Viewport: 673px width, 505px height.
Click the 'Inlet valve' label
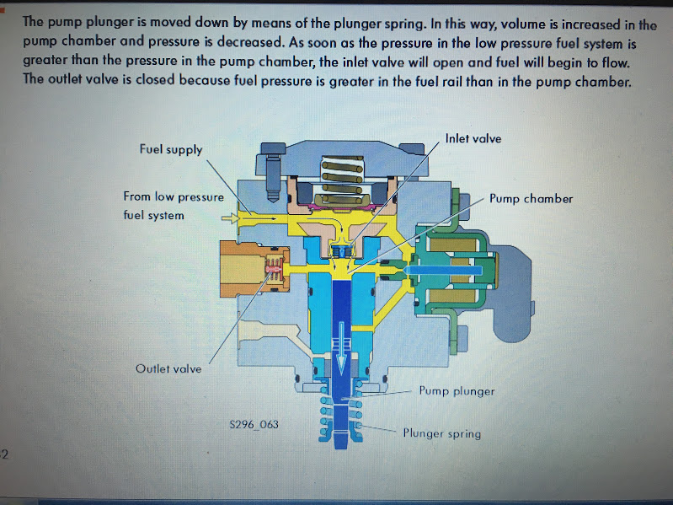pos(473,138)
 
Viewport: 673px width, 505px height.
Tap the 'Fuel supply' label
pos(171,149)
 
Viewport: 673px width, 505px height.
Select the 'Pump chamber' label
pos(531,199)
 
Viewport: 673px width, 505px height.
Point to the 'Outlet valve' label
pos(168,368)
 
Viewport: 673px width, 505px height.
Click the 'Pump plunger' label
pos(457,391)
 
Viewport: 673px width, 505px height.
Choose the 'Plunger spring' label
pos(441,433)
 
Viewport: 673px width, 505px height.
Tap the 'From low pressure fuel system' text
pos(173,206)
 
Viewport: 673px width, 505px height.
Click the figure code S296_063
pos(254,424)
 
